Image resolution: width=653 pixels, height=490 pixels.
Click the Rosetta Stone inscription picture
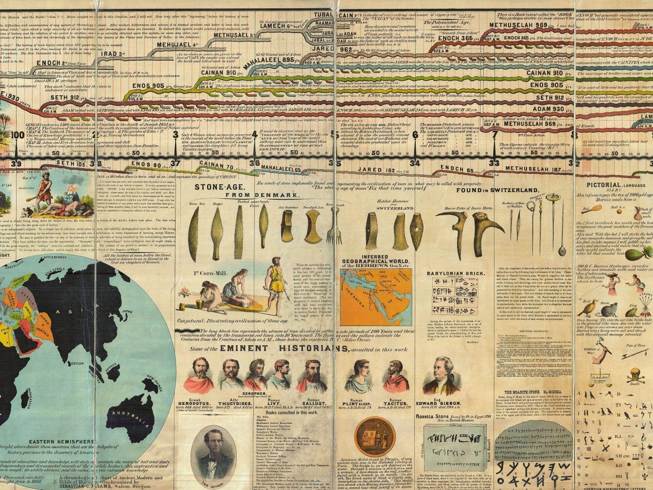[456, 448]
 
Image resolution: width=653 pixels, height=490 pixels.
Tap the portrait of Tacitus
[395, 376]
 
